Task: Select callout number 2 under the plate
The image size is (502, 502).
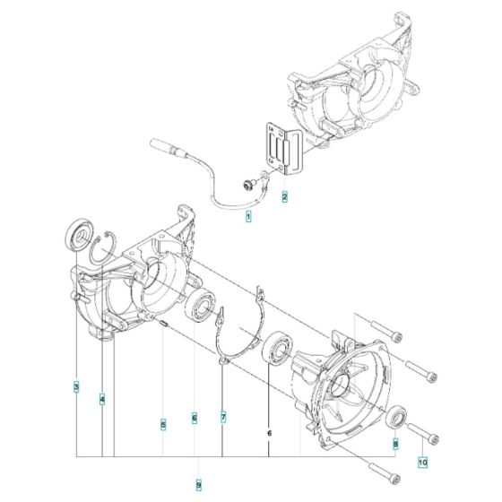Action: point(284,195)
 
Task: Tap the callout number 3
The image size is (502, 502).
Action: point(76,388)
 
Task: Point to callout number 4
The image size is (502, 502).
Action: point(102,398)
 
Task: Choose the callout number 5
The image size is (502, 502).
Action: point(162,424)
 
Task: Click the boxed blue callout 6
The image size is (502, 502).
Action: point(194,418)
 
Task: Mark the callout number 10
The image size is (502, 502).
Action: point(423,463)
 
